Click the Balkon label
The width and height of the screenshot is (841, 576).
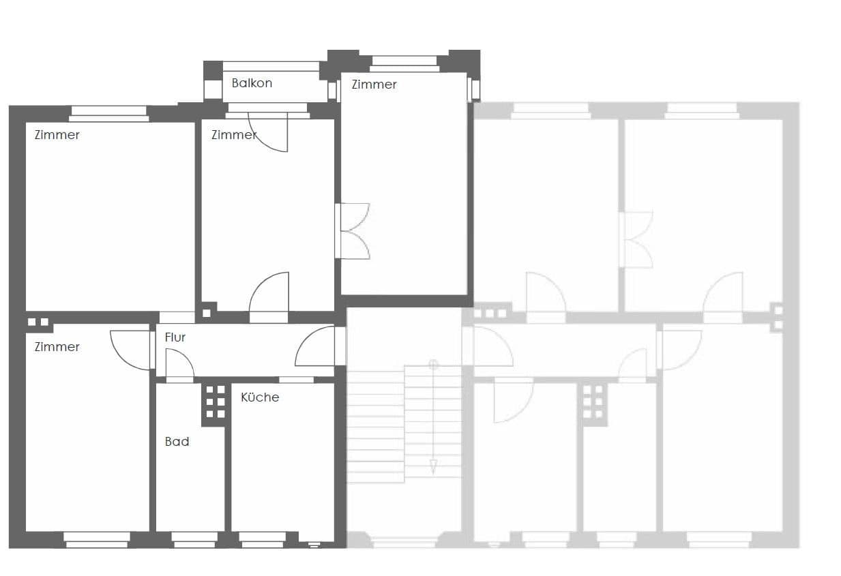[x=252, y=83]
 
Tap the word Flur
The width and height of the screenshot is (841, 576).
[x=175, y=337]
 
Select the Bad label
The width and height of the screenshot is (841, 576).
[x=177, y=442]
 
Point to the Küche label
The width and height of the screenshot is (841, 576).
[x=259, y=397]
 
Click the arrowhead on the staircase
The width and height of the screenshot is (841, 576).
[x=432, y=467]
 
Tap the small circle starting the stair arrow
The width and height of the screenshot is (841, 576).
[x=432, y=365]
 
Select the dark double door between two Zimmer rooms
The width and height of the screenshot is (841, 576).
[x=353, y=231]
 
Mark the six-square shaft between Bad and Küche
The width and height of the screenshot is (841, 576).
[x=215, y=401]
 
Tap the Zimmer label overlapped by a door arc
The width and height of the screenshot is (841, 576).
[x=233, y=135]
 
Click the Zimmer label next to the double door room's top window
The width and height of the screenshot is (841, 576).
[x=374, y=85]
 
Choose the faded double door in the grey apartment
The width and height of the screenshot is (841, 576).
[x=638, y=239]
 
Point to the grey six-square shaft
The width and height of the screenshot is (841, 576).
[x=593, y=401]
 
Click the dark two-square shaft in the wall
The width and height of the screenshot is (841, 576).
[x=38, y=322]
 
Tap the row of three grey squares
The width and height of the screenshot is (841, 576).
[x=490, y=314]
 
